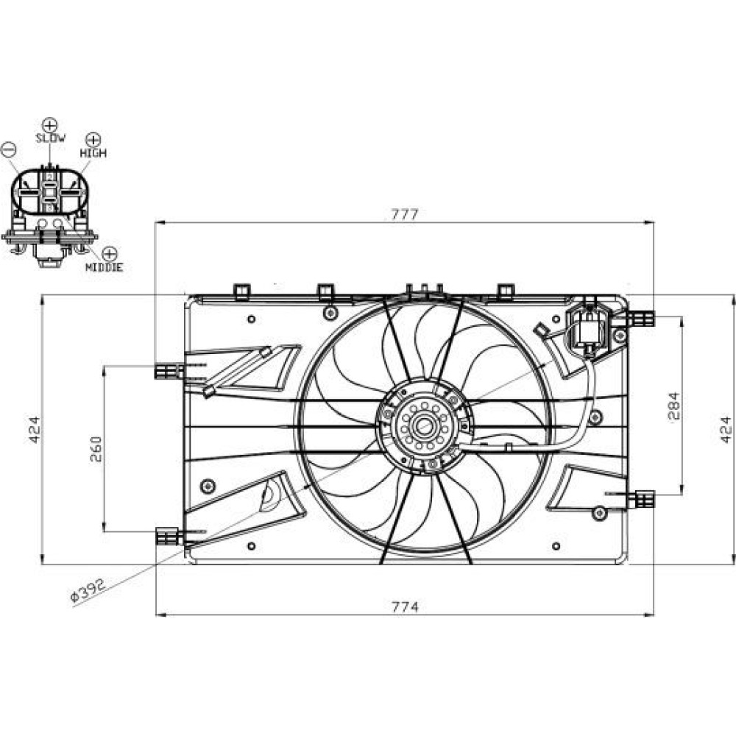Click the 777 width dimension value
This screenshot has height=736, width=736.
[404, 215]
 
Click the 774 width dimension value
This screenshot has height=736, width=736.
[404, 606]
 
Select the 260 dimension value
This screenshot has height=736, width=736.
[96, 448]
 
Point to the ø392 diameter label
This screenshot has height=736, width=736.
[88, 590]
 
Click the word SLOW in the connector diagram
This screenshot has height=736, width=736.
[50, 138]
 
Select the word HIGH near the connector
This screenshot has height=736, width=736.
[93, 152]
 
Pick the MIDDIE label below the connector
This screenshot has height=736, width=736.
[104, 267]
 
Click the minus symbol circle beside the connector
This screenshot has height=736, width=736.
[9, 148]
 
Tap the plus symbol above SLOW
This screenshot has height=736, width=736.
[50, 124]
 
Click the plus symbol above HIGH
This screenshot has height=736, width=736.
[93, 139]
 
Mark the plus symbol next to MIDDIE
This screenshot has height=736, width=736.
[109, 253]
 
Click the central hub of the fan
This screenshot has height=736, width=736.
[425, 425]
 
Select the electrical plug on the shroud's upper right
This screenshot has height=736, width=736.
[588, 328]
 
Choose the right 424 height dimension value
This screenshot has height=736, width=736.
[726, 429]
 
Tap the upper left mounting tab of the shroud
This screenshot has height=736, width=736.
[169, 371]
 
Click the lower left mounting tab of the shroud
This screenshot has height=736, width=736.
[169, 537]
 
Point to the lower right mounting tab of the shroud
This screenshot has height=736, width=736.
[642, 500]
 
